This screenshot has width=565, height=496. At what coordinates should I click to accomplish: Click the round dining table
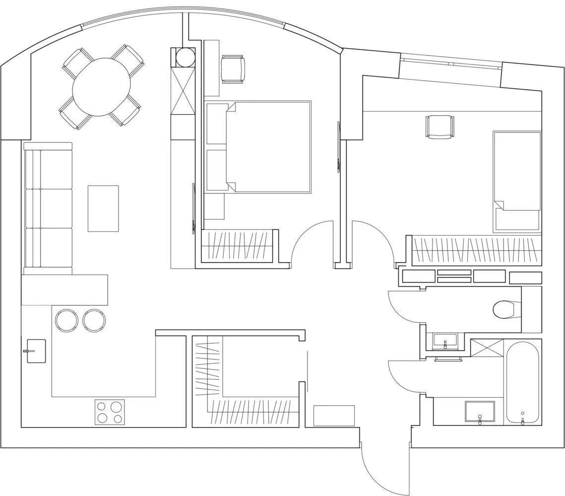101,87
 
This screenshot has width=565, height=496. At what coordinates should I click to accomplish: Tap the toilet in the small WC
505,310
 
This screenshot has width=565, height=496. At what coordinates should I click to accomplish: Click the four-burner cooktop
110,412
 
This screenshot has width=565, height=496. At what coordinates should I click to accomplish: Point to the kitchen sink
36,351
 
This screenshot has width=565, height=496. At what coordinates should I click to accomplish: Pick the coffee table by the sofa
103,208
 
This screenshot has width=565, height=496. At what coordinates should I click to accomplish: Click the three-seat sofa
48,208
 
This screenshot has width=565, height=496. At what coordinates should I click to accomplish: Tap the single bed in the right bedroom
516,181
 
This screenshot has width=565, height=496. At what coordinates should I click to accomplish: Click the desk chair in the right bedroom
440,126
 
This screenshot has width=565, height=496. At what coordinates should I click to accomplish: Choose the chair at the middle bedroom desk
233,69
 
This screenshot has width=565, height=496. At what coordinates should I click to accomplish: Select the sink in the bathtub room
479,412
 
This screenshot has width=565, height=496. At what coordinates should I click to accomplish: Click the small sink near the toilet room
445,341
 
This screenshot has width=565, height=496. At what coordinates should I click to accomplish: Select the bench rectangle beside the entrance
334,415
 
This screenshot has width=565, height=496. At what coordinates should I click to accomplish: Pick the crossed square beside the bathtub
487,348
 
